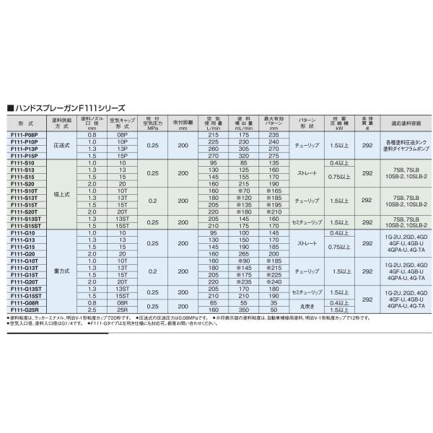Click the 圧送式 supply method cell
61,145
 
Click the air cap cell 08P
122,135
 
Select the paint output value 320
243,155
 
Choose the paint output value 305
243,149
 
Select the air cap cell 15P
122,155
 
